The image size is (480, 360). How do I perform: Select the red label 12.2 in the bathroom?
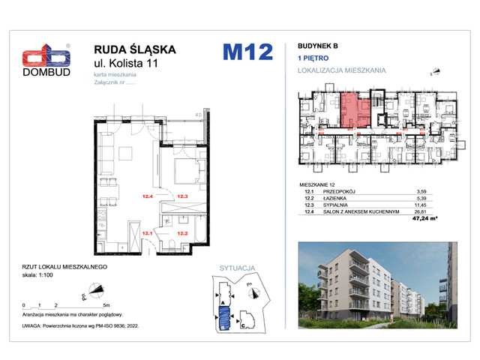(181, 233)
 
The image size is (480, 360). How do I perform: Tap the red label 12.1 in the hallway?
(147, 233)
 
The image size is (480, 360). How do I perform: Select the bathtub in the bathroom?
(200, 232)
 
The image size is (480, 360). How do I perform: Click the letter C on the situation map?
(242, 327)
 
